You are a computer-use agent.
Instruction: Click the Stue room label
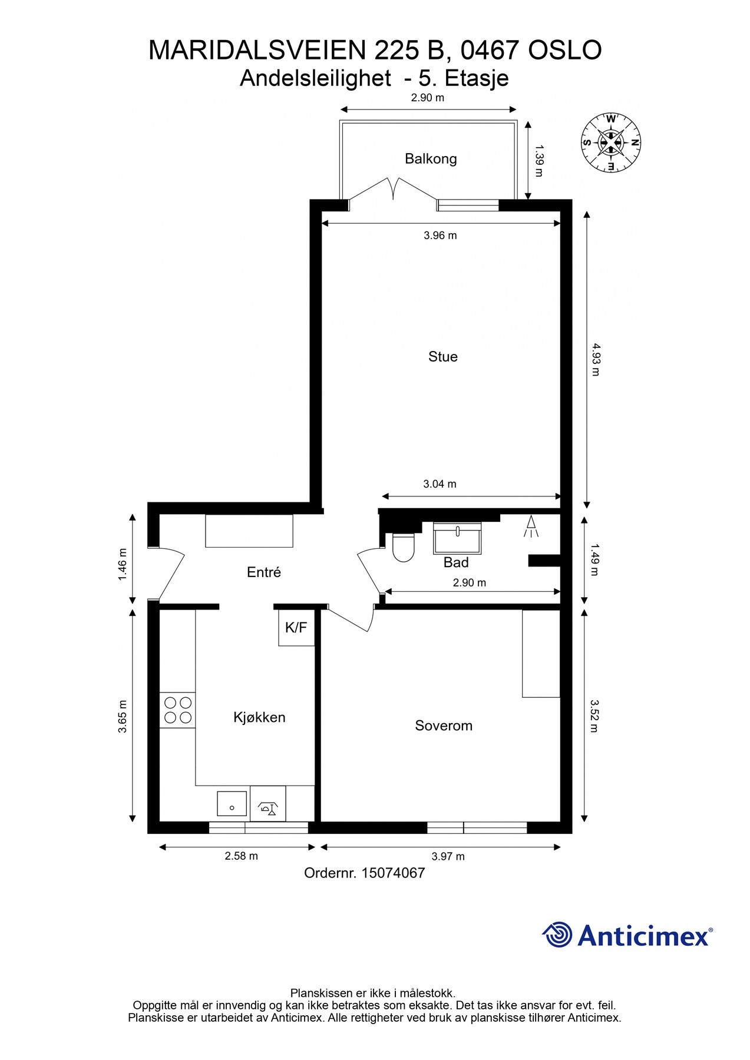442,357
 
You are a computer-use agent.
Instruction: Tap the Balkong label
431,159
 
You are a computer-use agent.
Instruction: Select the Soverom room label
444,726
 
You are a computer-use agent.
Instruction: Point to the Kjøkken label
259,717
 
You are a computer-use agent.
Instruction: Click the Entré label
263,572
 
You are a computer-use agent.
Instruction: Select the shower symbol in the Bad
531,526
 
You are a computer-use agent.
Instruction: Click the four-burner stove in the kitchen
177,710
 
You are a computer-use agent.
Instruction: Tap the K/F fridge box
296,628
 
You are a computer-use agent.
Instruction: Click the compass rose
610,142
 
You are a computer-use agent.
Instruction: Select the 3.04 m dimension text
440,484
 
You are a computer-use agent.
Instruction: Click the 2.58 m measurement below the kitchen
241,856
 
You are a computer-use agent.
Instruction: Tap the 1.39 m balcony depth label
538,161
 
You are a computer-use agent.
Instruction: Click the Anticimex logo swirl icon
557,935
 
